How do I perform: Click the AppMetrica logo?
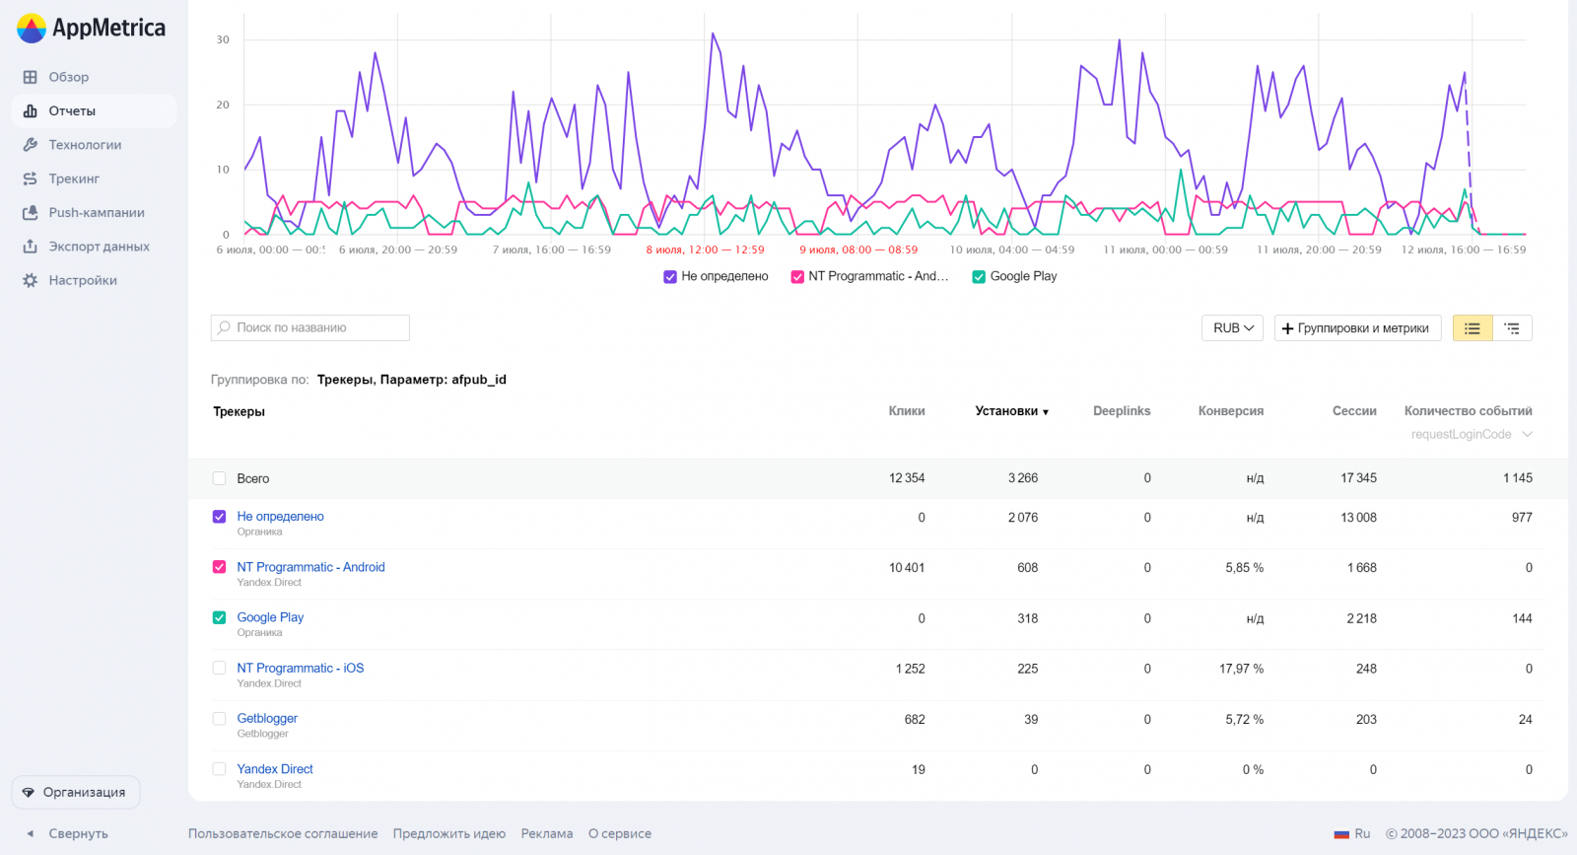tap(91, 28)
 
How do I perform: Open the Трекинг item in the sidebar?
tap(74, 178)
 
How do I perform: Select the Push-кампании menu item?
tap(96, 212)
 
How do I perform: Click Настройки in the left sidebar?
tap(83, 280)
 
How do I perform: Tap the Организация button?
tap(76, 792)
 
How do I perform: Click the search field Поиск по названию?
tap(310, 327)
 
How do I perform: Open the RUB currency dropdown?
tap(1232, 327)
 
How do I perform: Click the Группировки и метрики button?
tap(1357, 327)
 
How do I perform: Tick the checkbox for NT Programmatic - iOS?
tap(219, 668)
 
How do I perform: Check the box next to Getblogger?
tap(219, 719)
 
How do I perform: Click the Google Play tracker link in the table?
tap(270, 617)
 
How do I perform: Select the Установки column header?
tap(1010, 411)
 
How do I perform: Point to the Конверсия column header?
tap(1230, 411)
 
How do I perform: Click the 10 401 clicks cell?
tap(907, 568)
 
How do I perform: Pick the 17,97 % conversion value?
tap(1241, 669)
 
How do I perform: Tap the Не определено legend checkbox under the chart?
tap(670, 277)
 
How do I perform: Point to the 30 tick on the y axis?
tap(223, 40)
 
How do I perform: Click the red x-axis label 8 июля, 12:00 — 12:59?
tap(705, 249)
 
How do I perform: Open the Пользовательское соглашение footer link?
tap(283, 833)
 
